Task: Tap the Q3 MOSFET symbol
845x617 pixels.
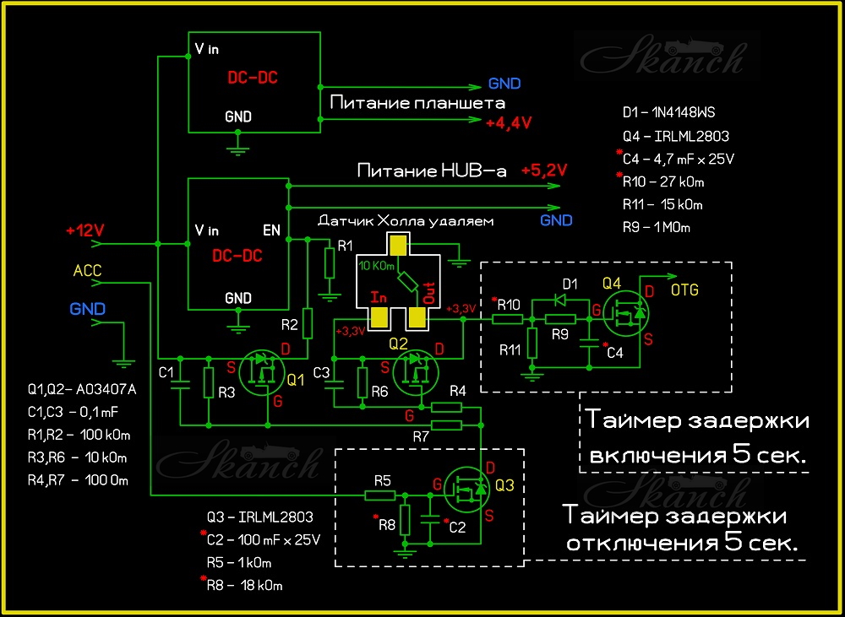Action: (467, 490)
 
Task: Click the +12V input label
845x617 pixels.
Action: (84, 230)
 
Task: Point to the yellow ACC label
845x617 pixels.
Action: (88, 270)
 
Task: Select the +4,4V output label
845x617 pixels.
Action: (509, 122)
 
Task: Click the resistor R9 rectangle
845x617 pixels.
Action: (560, 319)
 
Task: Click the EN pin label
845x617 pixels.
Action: (271, 230)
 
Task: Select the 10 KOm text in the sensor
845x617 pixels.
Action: (377, 266)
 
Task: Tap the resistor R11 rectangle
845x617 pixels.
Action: (532, 343)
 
